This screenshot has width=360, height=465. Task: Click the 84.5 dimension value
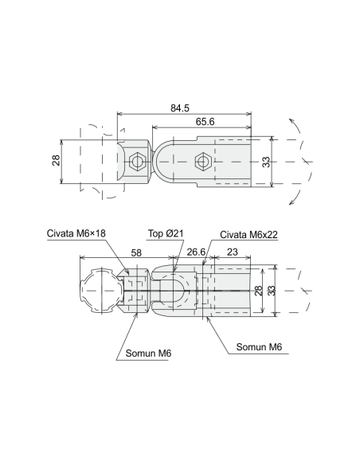180,108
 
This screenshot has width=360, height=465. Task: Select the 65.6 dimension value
205,122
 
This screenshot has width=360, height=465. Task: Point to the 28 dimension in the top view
56,160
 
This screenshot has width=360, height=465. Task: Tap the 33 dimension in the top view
266,162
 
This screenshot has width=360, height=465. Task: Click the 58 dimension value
136,253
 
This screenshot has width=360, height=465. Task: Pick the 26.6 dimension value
196,252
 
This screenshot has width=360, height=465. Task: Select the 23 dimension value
233,252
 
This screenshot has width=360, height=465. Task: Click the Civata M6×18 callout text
76,233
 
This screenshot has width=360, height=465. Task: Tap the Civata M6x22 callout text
248,235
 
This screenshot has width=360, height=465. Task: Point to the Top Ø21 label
166,233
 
